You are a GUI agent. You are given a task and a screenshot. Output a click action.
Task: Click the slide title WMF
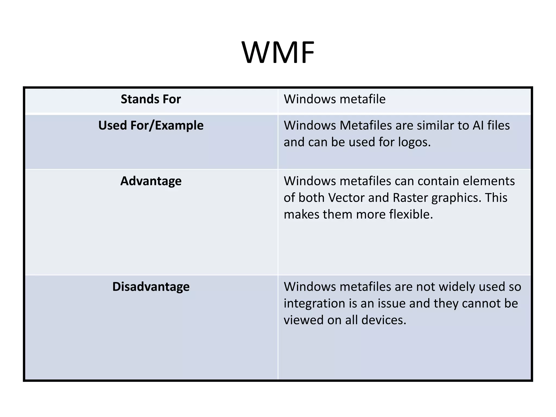[x=278, y=52]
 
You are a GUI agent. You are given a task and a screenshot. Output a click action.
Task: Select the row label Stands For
[x=151, y=99]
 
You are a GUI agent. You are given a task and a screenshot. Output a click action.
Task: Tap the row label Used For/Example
[x=151, y=125]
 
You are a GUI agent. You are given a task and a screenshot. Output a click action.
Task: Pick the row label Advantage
[x=151, y=181]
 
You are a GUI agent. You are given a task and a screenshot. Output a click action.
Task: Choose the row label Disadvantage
[x=151, y=287]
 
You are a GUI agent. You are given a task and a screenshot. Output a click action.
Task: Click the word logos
[x=414, y=142]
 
